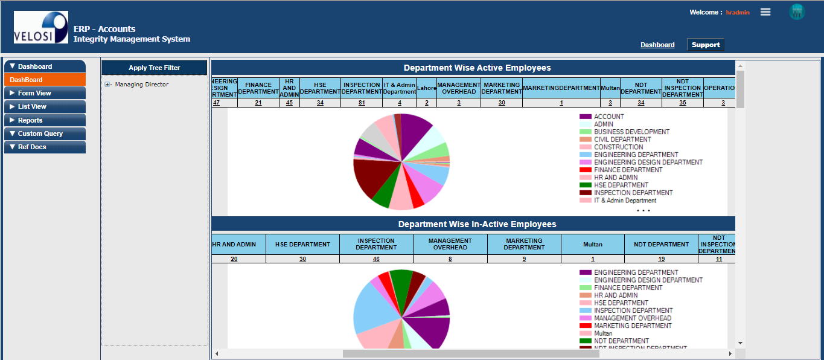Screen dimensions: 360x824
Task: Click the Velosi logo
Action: [x=41, y=27]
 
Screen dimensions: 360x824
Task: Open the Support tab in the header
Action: [x=705, y=45]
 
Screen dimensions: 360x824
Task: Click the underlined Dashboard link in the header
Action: [x=657, y=45]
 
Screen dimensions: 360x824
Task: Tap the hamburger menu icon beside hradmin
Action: [x=765, y=12]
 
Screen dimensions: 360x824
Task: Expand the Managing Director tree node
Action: [x=108, y=85]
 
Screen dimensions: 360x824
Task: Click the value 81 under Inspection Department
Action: [x=362, y=103]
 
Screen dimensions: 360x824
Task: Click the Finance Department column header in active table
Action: [x=258, y=88]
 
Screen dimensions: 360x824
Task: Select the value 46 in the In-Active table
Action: [x=376, y=259]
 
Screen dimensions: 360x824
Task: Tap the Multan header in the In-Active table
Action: [x=592, y=245]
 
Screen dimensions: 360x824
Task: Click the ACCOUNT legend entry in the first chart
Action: [x=608, y=117]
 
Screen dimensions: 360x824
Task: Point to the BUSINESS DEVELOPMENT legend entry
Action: [x=631, y=132]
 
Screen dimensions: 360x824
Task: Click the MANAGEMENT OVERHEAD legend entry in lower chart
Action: [x=632, y=318]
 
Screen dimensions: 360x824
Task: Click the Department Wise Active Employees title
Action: [x=477, y=68]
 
